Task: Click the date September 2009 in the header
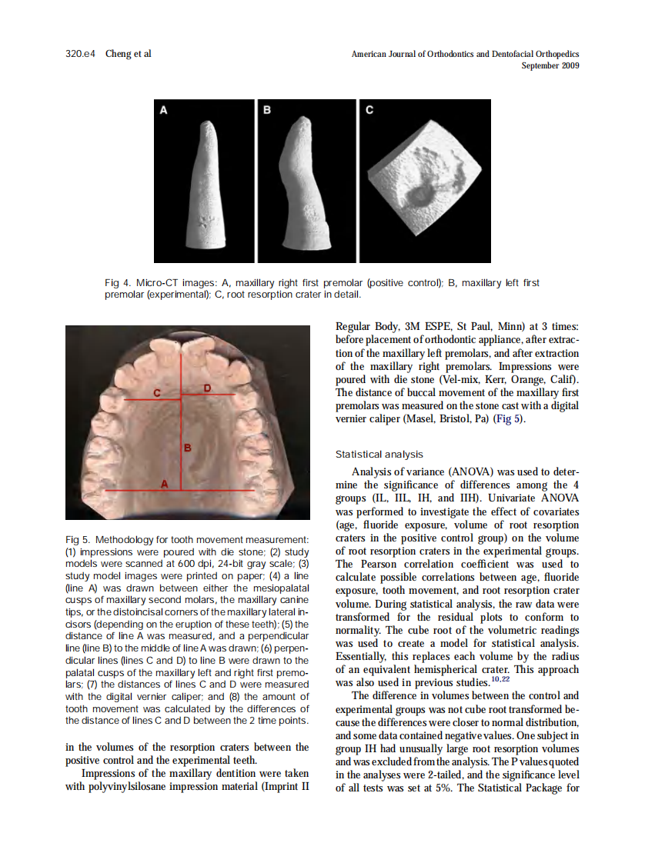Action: pyautogui.click(x=550, y=65)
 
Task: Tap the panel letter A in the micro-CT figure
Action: pyautogui.click(x=163, y=110)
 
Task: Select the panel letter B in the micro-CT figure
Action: pyautogui.click(x=267, y=110)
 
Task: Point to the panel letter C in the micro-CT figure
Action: pyautogui.click(x=369, y=110)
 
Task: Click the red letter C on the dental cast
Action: pyautogui.click(x=155, y=393)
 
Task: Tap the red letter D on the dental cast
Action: pyautogui.click(x=206, y=387)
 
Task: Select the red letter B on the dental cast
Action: pyautogui.click(x=187, y=446)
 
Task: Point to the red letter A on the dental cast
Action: pyautogui.click(x=163, y=482)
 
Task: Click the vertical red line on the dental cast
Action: pyautogui.click(x=180, y=431)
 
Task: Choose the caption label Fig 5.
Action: pyautogui.click(x=79, y=538)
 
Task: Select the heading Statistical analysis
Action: pyautogui.click(x=379, y=455)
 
